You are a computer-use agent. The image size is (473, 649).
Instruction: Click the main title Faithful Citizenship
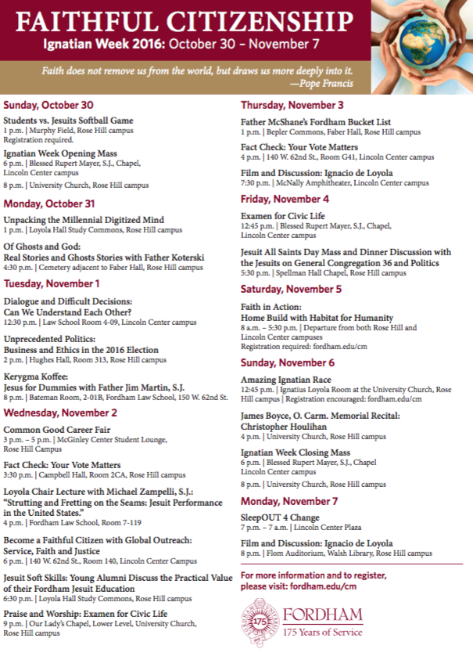pyautogui.click(x=174, y=16)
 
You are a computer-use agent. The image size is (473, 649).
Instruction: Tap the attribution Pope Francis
pyautogui.click(x=321, y=83)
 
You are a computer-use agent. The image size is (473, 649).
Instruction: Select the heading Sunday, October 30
pyautogui.click(x=48, y=105)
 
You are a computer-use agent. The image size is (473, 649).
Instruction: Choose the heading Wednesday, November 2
pyautogui.click(x=60, y=413)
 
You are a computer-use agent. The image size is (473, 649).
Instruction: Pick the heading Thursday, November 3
pyautogui.click(x=292, y=105)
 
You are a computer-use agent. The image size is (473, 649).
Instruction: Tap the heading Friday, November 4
pyautogui.click(x=285, y=199)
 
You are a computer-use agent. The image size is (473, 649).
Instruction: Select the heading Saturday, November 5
pyautogui.click(x=291, y=289)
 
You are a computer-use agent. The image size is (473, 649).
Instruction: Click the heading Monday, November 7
pyautogui.click(x=289, y=501)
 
